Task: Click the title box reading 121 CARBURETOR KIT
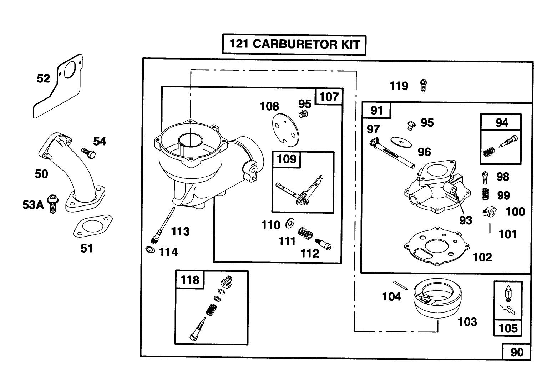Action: [294, 45]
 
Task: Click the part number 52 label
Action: [44, 78]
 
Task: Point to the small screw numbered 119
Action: [424, 86]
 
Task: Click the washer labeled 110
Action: [290, 224]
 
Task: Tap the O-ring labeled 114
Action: [151, 249]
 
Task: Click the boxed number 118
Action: [190, 280]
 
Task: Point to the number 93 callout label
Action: [466, 220]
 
